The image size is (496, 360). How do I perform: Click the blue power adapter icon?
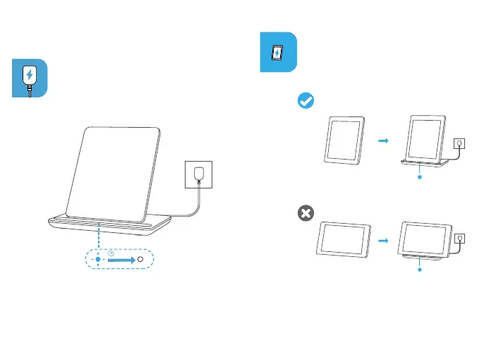pos(30,78)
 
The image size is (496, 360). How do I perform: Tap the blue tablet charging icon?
pos(279,52)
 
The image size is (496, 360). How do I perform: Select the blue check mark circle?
pos(306,102)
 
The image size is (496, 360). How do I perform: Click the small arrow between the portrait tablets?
pos(383,140)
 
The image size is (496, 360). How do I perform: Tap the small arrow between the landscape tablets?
pos(383,241)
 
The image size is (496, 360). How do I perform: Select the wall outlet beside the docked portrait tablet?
pos(459,143)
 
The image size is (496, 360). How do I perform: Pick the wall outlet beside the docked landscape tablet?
pos(459,239)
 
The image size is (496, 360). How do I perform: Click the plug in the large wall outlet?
pos(201,173)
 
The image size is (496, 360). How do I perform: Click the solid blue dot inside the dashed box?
pos(98,259)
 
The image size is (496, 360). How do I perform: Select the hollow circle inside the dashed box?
pos(140,259)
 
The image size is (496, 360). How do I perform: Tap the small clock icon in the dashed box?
pos(110,253)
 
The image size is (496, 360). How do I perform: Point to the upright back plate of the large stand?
pos(116,169)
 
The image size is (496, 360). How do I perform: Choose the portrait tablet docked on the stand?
pos(427,138)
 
